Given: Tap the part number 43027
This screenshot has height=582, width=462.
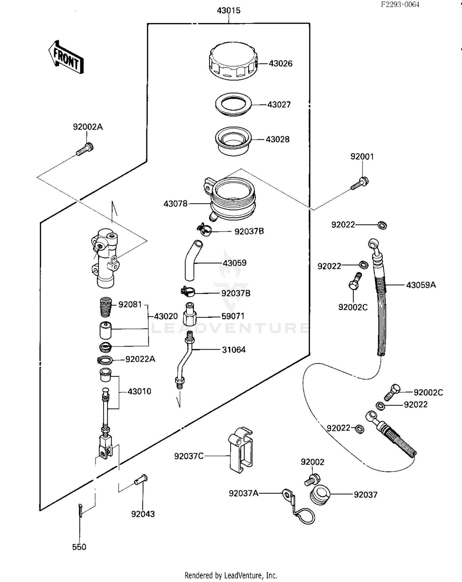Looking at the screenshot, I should point(279,105).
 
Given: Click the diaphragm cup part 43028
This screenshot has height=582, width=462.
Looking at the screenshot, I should point(233,141).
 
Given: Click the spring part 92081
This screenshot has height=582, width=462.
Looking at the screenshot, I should point(106,306).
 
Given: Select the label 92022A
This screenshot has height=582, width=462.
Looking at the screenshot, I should point(140,359).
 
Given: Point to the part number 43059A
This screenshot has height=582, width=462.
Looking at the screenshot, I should point(421,285).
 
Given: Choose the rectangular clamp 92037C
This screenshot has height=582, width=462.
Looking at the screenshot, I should point(240,450).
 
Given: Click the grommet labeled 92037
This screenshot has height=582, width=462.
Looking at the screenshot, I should point(320,495).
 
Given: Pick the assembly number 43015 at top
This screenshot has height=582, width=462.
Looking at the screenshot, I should point(229,10).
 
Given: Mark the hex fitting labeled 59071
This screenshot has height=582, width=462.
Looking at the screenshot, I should point(190,315).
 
